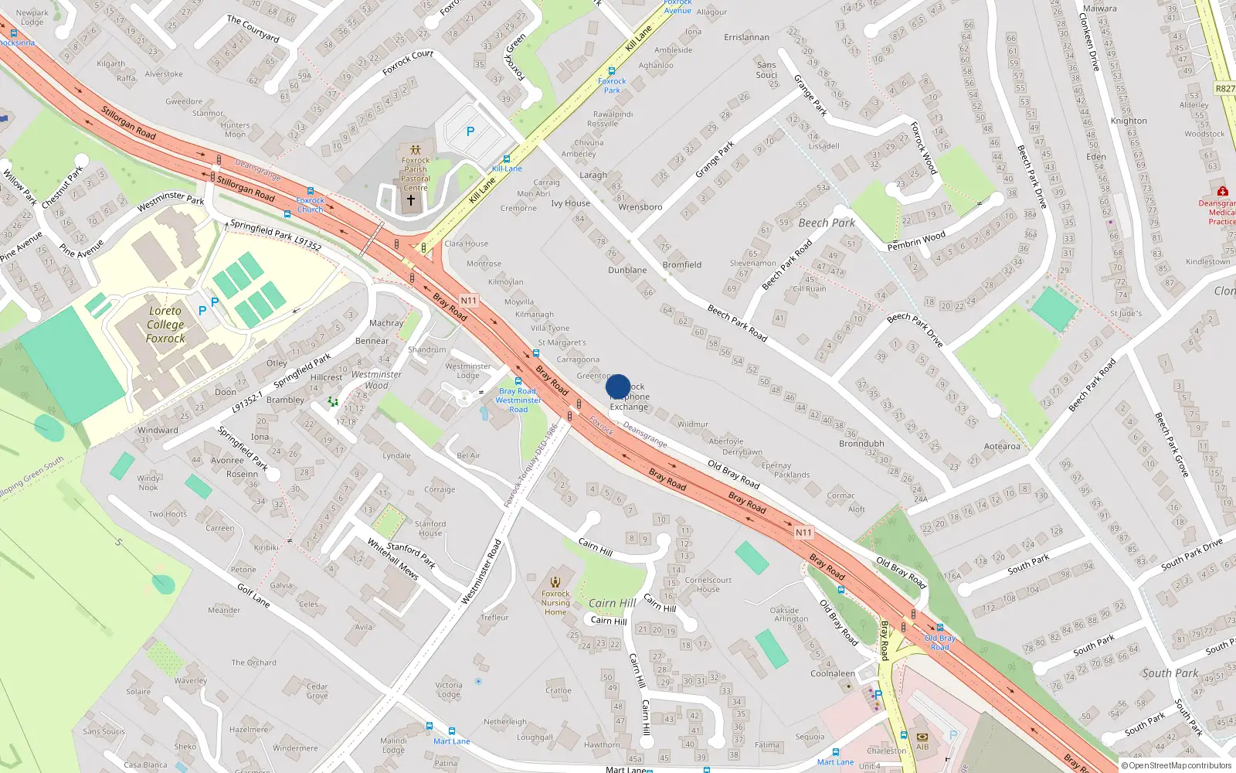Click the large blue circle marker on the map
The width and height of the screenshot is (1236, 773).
(618, 386)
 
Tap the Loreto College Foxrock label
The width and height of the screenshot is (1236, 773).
(165, 325)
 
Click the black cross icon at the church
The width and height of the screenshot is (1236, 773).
(411, 200)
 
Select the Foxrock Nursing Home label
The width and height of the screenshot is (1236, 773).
(555, 603)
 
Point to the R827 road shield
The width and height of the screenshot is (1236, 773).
(1225, 89)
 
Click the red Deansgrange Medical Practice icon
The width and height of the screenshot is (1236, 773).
(1222, 191)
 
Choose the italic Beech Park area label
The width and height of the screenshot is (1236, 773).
(827, 223)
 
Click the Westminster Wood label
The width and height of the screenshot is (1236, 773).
(376, 380)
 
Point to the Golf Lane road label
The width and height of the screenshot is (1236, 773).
(253, 595)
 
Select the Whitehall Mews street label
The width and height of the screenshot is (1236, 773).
(392, 559)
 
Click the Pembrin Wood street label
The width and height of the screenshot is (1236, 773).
(916, 240)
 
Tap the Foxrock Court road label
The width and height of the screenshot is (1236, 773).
(408, 63)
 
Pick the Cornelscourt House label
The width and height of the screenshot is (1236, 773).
(708, 584)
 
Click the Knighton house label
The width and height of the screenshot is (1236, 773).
(1129, 121)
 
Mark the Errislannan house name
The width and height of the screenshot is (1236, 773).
(746, 37)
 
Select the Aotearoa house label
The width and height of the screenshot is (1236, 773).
(1002, 446)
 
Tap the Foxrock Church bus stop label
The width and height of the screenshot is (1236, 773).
(311, 205)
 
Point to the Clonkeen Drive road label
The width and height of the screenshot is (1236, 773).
(1088, 44)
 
